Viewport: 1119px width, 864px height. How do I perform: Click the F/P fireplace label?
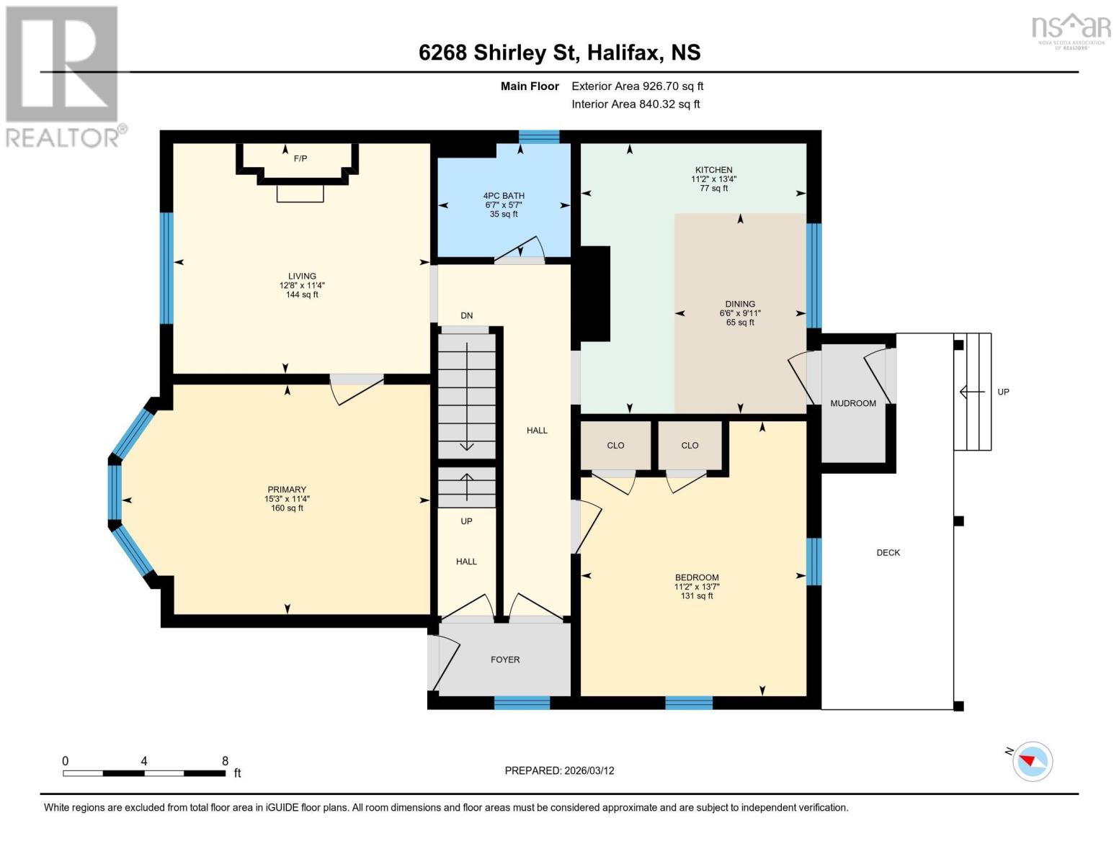300,158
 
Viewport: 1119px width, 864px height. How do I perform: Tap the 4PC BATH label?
504,196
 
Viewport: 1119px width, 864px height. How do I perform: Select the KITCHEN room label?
714,170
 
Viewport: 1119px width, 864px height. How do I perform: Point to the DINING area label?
740,304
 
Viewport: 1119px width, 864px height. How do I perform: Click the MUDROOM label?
853,403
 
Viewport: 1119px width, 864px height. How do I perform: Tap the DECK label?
888,553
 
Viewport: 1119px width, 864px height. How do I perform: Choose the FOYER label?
505,660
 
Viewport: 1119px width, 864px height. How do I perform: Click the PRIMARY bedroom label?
287,490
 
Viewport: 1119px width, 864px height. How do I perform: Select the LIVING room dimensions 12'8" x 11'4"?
303,286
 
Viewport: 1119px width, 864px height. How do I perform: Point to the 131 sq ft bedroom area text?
697,596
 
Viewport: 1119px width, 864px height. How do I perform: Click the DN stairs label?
467,315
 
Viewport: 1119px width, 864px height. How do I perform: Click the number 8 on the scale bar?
225,761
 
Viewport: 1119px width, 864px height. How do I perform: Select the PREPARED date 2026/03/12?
589,771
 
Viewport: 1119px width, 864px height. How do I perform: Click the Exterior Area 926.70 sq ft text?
638,86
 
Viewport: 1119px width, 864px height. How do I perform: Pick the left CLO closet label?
615,446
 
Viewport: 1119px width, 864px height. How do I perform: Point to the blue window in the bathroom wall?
539,136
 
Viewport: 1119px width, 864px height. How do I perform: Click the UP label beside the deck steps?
1003,392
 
